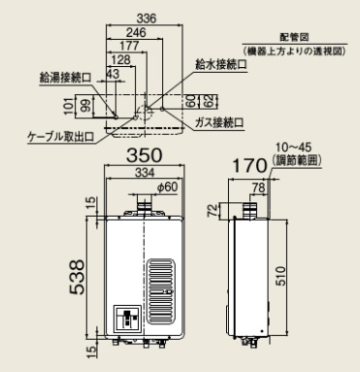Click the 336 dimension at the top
coord(146,18)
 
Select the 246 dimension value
coord(136,32)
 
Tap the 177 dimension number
coord(129,46)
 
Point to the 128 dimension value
coord(120,60)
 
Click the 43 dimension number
coord(113,74)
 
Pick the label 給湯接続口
coord(65,78)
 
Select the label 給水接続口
coord(221,64)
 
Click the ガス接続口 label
coord(219,122)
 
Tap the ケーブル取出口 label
coord(61,137)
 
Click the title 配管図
coord(294,37)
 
